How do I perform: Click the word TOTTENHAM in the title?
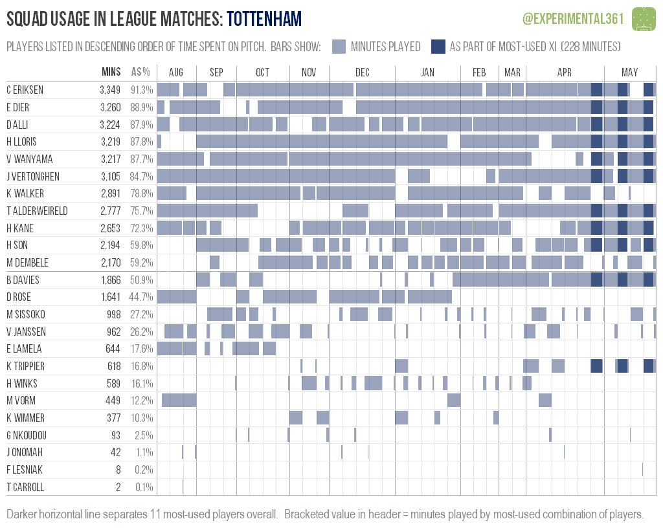pyautogui.click(x=264, y=19)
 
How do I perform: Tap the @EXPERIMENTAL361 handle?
pyautogui.click(x=573, y=19)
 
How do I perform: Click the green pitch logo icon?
pyautogui.click(x=644, y=19)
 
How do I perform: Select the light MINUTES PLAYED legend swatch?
pyautogui.click(x=339, y=47)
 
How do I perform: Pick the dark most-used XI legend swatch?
pyautogui.click(x=438, y=47)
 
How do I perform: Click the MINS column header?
pyautogui.click(x=111, y=72)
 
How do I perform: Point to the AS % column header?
pyautogui.click(x=140, y=72)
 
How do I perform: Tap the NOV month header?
pyautogui.click(x=309, y=72)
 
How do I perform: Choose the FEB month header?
pyautogui.click(x=479, y=72)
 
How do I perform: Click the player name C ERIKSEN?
pyautogui.click(x=25, y=90)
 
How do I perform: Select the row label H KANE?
pyautogui.click(x=20, y=228)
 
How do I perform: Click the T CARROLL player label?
pyautogui.click(x=25, y=487)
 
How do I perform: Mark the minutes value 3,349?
pyautogui.click(x=110, y=90)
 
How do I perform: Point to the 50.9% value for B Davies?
pyautogui.click(x=141, y=280)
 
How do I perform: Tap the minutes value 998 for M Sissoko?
pyautogui.click(x=114, y=314)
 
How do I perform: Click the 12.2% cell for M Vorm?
pyautogui.click(x=142, y=401)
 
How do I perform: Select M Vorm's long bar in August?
pyautogui.click(x=179, y=400)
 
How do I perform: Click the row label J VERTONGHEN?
pyautogui.click(x=33, y=176)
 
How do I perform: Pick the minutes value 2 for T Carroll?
pyautogui.click(x=118, y=487)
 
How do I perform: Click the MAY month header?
pyautogui.click(x=629, y=72)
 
